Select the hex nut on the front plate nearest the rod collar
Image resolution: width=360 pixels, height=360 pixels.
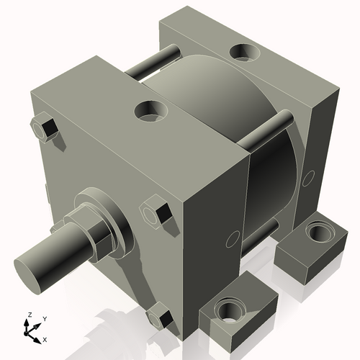pos(156,214)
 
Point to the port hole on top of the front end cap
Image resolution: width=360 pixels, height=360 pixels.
pos(153,109)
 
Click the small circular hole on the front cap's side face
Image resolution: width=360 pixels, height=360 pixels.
pos(232,238)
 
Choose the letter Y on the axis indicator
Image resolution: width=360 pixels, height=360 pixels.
pos(44,318)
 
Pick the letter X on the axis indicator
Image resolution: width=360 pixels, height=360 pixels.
pos(45,338)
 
